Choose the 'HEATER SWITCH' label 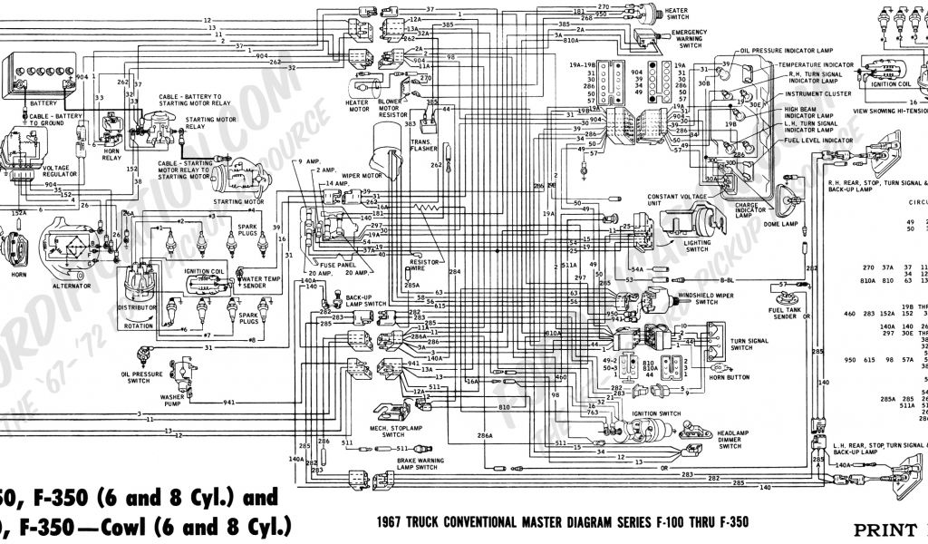677,14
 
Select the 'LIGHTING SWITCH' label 697,248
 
